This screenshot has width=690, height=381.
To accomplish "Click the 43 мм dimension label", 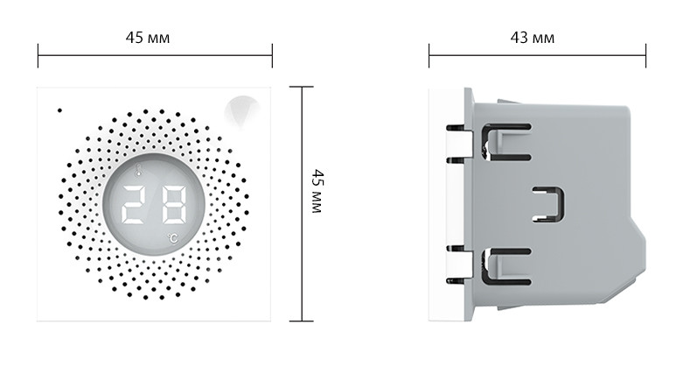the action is click(532, 38).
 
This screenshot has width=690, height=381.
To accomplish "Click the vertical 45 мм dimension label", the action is click(317, 191).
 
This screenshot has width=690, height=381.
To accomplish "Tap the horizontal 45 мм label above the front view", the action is click(148, 38).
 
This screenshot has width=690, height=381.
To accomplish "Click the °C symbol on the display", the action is click(173, 238).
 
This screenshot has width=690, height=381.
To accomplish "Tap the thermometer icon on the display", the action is click(139, 170).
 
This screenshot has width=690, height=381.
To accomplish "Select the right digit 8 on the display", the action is click(174, 204).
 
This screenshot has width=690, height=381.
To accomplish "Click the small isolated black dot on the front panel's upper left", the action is click(59, 110).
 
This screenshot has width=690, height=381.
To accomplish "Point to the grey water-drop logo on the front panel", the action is click(241, 112).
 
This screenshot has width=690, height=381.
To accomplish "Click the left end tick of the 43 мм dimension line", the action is click(429, 55).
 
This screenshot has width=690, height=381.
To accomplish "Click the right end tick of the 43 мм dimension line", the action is click(646, 55).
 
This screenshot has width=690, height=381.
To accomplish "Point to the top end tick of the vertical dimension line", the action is click(302, 87).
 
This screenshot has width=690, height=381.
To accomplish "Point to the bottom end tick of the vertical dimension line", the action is click(302, 321).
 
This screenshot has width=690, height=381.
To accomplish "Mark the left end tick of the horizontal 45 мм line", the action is click(38, 55).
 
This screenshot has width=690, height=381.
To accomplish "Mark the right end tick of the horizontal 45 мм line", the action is click(272, 55).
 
